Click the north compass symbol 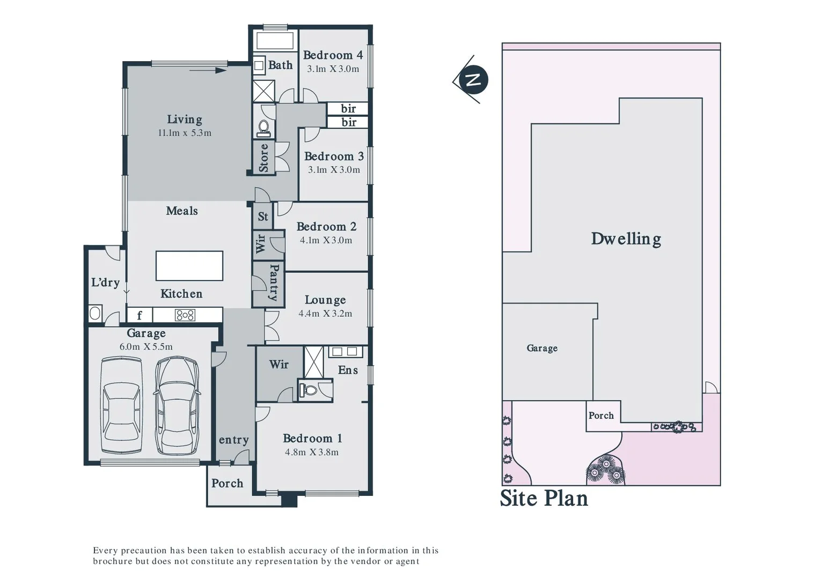pos(472,80)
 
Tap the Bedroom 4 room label pos(333,55)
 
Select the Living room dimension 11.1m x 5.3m pos(185,133)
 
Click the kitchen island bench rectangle pos(189,266)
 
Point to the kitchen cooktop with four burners pos(185,315)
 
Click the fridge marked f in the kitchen pos(140,315)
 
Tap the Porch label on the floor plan pos(227,483)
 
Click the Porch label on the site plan pos(601,415)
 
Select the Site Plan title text pos(544,498)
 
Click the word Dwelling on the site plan pos(626,239)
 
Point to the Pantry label pos(274,283)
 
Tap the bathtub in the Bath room pos(275,41)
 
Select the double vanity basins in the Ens pos(345,352)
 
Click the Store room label pos(263,158)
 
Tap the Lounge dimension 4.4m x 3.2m pos(325,314)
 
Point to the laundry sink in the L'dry pos(95,313)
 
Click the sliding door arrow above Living pos(208,70)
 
